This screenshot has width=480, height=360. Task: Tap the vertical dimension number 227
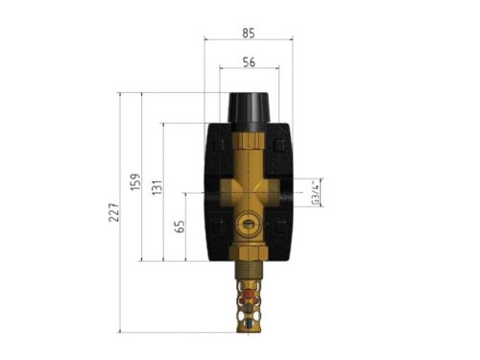point(112,212)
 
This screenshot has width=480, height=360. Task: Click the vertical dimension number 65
point(179,227)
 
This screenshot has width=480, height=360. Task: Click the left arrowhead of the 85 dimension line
point(207,39)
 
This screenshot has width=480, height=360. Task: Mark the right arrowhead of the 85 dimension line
point(291,39)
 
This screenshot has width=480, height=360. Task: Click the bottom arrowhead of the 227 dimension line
point(119,331)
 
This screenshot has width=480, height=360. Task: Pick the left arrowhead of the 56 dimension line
point(222,68)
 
